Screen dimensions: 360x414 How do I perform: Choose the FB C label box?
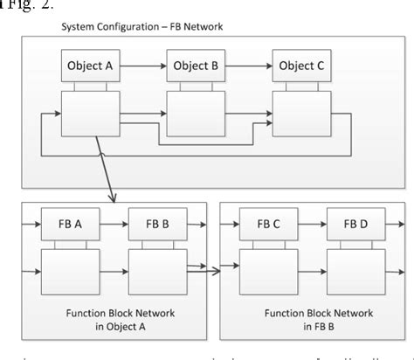267,224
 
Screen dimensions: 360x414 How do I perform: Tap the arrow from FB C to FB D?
308,224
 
